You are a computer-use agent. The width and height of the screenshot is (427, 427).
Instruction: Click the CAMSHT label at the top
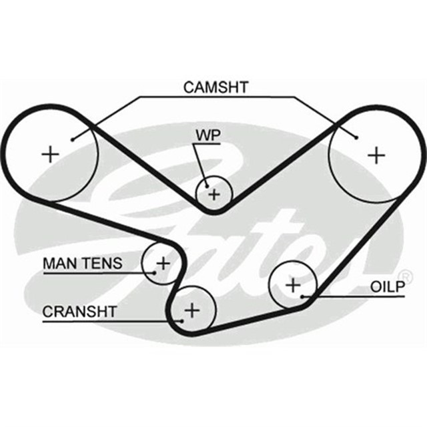click(x=215, y=87)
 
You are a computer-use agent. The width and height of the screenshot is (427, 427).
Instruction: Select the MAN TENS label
click(x=83, y=264)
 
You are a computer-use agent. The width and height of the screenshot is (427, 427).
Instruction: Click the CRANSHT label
click(x=79, y=311)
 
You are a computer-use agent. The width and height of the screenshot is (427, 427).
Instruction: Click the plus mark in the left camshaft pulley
click(x=51, y=155)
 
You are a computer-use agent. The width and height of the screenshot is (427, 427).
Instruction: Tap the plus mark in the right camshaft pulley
click(x=378, y=155)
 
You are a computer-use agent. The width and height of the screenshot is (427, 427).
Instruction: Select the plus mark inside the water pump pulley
click(x=213, y=195)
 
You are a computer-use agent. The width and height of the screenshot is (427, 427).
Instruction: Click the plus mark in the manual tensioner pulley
click(x=161, y=264)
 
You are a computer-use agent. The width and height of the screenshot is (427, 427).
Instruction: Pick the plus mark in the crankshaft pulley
click(x=192, y=310)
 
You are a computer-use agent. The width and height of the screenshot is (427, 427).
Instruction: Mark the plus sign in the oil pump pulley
click(x=293, y=286)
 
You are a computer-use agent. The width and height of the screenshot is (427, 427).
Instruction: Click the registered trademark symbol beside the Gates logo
click(x=404, y=275)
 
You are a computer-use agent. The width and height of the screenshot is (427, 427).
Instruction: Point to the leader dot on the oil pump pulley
click(x=303, y=296)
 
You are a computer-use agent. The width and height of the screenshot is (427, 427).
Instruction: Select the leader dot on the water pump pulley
click(x=207, y=186)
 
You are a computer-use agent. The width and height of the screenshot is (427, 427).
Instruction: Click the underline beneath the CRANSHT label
click(x=100, y=322)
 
